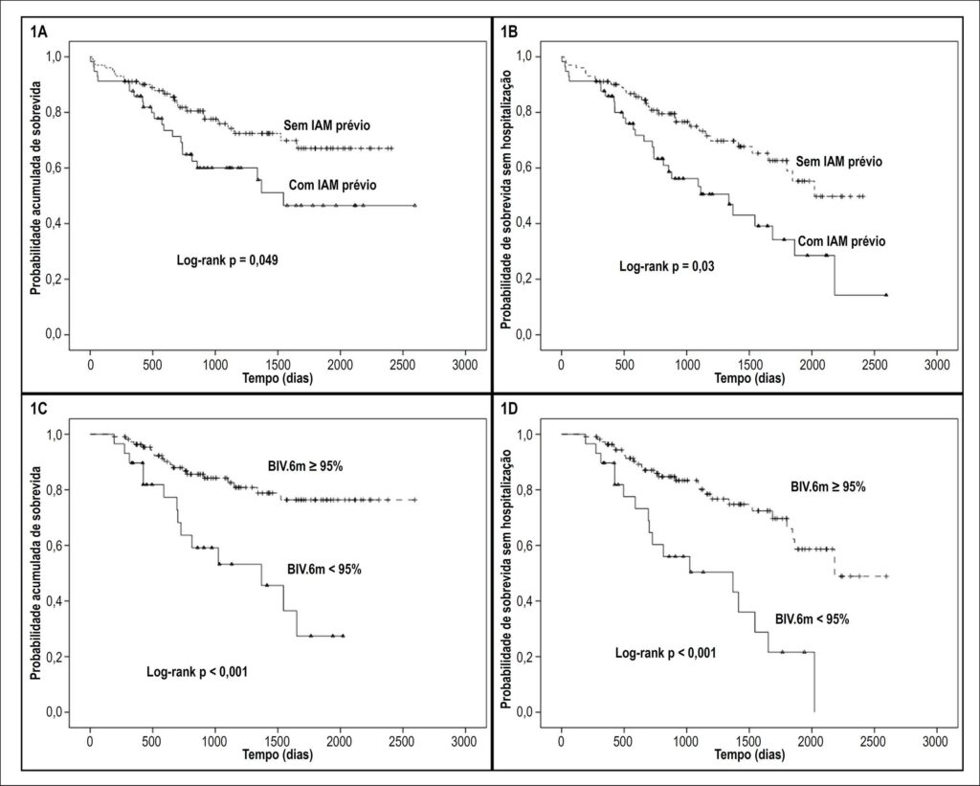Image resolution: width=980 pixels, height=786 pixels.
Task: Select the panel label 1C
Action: click(38, 410)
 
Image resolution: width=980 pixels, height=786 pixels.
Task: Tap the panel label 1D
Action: click(509, 410)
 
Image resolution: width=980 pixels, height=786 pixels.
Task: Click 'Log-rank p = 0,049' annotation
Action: click(228, 260)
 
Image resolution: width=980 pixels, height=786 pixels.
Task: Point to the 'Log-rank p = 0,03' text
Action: click(666, 266)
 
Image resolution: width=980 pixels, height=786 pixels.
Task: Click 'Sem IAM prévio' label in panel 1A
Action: click(327, 125)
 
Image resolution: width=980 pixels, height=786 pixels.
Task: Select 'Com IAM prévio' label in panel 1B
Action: click(841, 241)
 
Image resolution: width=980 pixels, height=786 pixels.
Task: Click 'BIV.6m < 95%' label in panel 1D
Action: click(812, 619)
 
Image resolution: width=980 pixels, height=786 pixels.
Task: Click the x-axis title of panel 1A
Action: click(278, 378)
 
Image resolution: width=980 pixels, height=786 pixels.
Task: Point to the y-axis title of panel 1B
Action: click(506, 198)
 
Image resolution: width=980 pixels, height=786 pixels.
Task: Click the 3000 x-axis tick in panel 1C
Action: click(465, 742)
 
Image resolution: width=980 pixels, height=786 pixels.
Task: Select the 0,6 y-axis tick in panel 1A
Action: click(54, 168)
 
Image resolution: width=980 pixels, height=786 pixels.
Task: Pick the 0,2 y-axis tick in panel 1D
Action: click(525, 657)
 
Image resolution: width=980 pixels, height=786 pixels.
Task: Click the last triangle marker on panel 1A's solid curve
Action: click(415, 205)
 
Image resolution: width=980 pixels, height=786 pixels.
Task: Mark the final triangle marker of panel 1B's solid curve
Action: click(886, 295)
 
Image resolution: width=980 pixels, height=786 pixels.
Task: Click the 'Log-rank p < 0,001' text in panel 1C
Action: click(197, 672)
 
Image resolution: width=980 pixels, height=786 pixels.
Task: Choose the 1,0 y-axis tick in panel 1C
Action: click(54, 434)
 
